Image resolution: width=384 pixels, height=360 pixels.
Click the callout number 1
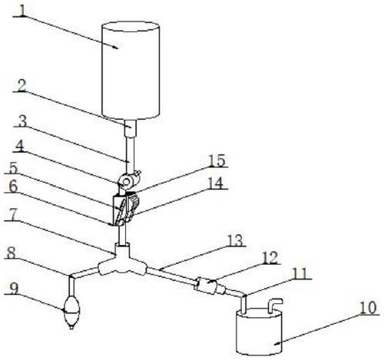[23, 10]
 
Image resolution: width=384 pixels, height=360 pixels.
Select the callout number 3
[23, 121]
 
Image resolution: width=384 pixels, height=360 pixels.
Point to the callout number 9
[15, 289]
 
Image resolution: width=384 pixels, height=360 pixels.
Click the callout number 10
[368, 308]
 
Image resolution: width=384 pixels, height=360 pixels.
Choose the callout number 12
[269, 258]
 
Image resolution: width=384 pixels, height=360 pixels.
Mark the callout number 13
[235, 240]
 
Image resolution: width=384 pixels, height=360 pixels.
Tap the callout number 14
[216, 183]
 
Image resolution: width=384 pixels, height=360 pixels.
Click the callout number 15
[217, 161]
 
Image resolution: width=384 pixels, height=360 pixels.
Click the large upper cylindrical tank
[131, 71]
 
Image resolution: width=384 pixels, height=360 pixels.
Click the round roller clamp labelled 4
[126, 182]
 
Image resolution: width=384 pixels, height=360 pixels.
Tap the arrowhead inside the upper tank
[116, 47]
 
